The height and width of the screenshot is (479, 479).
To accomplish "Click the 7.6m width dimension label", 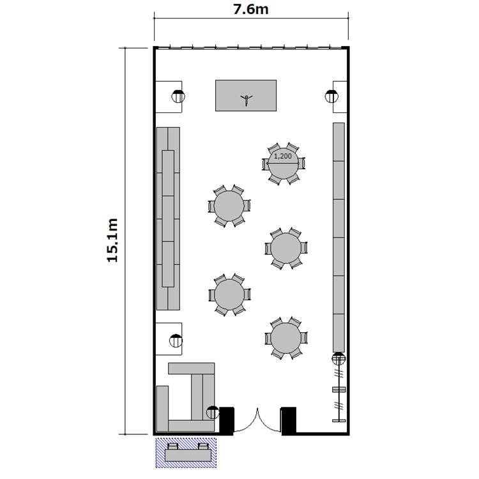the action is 251,10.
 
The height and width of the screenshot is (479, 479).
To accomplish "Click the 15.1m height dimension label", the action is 112,240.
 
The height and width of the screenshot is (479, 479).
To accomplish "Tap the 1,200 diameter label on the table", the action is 282,156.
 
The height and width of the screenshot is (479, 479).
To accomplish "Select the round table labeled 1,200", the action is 284,163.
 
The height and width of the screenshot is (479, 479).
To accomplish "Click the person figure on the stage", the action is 247,100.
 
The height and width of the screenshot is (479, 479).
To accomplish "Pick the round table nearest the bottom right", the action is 286,338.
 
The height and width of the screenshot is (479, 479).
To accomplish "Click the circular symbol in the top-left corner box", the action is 178,96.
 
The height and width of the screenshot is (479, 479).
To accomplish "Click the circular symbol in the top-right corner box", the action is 331,96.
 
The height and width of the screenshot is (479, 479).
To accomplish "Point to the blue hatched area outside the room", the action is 186,452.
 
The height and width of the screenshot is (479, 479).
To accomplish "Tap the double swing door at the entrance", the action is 257,420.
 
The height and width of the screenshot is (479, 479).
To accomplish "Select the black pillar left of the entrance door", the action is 227,421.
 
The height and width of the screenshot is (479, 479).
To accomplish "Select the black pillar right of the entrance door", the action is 289,421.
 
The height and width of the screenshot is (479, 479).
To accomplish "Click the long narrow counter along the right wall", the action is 338,238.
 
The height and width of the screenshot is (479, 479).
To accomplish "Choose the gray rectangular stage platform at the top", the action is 246,96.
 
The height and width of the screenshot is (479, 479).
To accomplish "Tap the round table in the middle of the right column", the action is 286,248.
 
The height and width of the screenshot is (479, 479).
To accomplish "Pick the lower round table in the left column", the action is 229,295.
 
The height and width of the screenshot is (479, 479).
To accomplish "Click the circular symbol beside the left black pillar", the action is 213,413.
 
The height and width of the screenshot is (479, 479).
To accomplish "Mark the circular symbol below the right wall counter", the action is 338,359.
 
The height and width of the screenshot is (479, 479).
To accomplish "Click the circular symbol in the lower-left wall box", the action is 176,340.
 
